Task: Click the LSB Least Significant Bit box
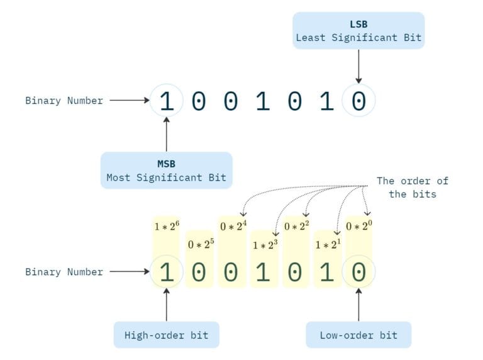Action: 358,31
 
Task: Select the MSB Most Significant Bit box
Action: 166,170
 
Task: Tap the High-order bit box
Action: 166,335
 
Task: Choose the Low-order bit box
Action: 358,335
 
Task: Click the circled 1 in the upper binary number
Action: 166,101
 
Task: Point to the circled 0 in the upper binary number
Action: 358,101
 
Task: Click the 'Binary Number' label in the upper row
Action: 64,101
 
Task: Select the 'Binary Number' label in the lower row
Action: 64,272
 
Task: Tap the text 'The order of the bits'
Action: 412,188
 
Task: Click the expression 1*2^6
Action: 166,225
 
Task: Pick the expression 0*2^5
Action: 199,244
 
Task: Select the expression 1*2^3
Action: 264,244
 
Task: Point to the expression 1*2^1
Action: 327,244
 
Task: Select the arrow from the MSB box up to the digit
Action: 166,133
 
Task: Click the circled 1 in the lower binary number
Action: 166,272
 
